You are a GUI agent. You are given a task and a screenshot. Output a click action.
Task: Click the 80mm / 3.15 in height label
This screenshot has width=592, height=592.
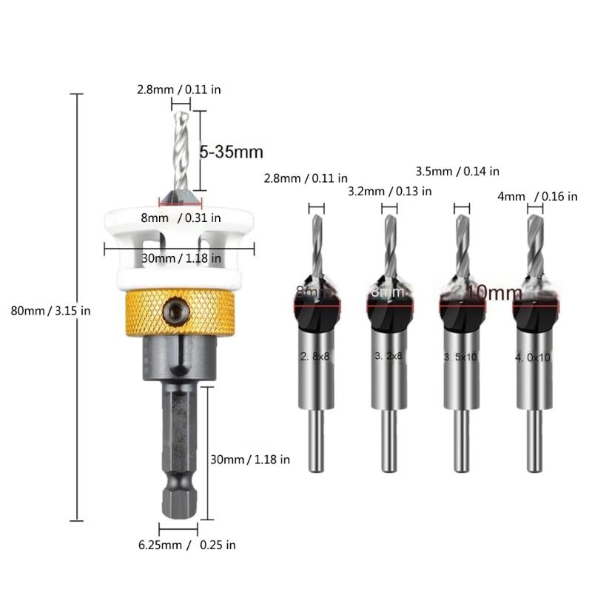tap(50, 311)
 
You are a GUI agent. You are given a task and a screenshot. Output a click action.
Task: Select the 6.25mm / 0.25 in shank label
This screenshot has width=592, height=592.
tap(186, 545)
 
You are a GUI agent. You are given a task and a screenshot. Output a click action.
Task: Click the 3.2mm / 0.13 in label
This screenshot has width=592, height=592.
tap(390, 192)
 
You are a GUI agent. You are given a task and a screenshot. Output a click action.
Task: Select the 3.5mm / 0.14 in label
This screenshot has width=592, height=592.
tap(457, 171)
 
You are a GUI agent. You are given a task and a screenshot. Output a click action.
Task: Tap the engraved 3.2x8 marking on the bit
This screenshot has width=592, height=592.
tap(388, 355)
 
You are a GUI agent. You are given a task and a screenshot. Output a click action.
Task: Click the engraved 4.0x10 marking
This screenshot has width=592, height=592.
tap(534, 357)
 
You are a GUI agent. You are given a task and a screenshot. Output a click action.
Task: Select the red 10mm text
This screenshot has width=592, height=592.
tap(494, 293)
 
